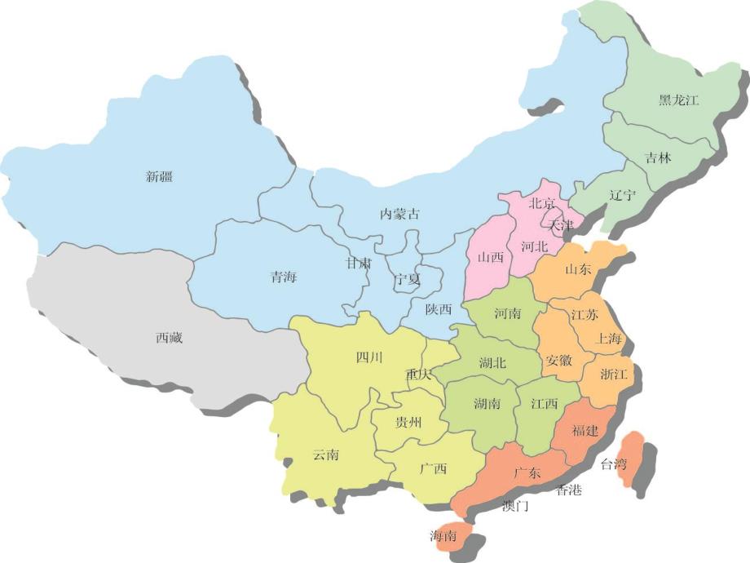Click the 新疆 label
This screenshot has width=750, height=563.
pos(160,175)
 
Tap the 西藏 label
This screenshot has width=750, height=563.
pos(169,337)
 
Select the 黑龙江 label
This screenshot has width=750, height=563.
pos(678,100)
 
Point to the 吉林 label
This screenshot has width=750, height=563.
pos(658,158)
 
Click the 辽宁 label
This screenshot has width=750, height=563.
pos(623,195)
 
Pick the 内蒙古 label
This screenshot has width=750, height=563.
pos(400,214)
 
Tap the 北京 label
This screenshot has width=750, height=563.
pos(542,203)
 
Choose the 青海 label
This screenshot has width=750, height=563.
pos(284,277)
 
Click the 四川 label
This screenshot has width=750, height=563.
pos(369,357)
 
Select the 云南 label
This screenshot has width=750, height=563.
pos(325,454)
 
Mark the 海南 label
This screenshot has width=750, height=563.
pos(443,535)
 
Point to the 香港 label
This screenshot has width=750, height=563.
pos(569,490)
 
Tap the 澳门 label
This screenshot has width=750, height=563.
pos(515,506)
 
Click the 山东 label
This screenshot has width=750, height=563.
pos(578,268)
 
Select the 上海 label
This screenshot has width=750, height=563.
pos(610,338)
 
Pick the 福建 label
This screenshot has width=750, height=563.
pos(585,430)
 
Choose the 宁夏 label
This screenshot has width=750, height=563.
pos(407,279)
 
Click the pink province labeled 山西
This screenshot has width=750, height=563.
pos(490,257)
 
